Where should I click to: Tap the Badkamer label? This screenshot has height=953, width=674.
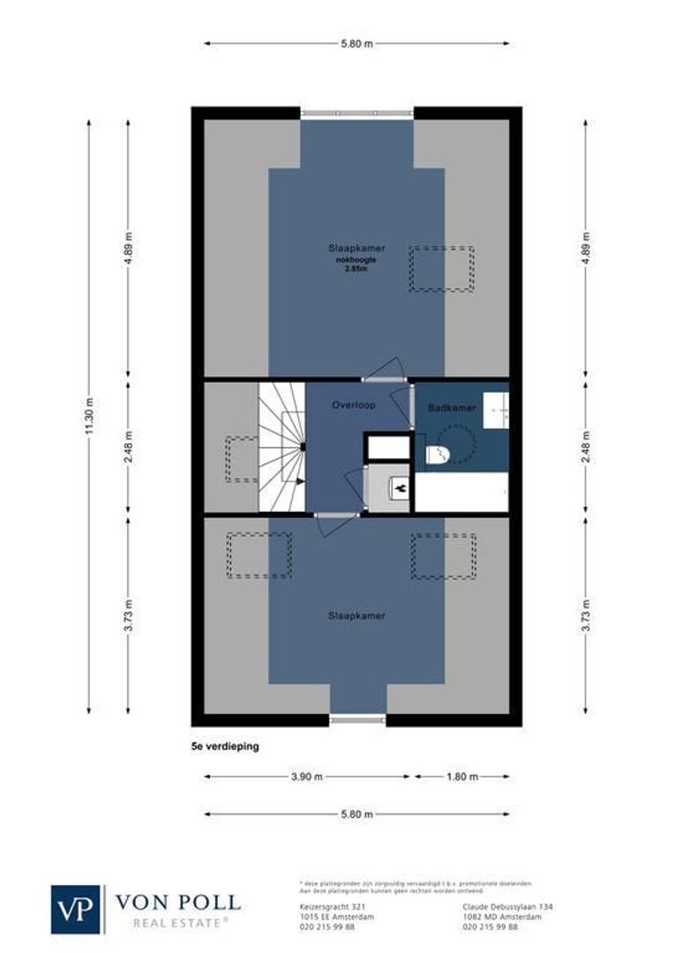(452, 409)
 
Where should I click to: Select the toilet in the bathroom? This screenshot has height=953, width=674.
(437, 454)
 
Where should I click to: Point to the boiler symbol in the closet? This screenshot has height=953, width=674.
(400, 486)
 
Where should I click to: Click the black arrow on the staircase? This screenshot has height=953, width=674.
(301, 481)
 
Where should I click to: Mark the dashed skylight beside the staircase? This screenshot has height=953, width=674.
(241, 459)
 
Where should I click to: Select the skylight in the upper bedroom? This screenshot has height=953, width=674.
(441, 269)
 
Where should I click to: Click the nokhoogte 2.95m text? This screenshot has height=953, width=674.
(356, 265)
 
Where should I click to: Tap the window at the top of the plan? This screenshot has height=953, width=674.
(356, 113)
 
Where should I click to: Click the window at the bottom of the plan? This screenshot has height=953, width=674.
(358, 720)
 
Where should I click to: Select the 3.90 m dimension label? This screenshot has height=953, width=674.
(306, 777)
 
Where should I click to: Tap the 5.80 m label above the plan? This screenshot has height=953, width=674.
(356, 42)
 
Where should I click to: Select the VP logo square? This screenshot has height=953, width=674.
(77, 909)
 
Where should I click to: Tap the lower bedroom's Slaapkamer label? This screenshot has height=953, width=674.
(356, 615)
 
